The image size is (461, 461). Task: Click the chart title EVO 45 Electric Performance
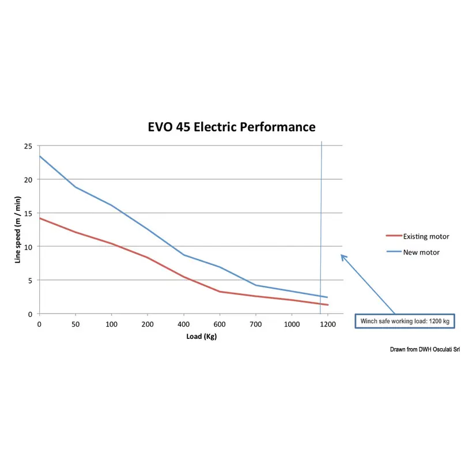click(x=232, y=127)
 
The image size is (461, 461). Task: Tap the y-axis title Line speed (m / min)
click(x=18, y=229)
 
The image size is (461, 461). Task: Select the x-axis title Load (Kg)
click(x=201, y=336)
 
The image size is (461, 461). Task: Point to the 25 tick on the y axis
click(x=28, y=146)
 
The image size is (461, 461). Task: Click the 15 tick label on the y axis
click(x=28, y=213)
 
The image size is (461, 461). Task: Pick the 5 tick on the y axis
click(x=29, y=281)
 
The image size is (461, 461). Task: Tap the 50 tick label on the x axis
click(x=75, y=324)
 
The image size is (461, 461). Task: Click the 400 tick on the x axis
click(x=183, y=324)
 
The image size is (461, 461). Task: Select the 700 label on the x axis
click(x=255, y=324)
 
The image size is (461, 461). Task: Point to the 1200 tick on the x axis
click(x=327, y=324)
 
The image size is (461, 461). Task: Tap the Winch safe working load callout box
click(x=404, y=321)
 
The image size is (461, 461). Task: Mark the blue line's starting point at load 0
click(x=39, y=156)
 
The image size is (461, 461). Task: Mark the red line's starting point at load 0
click(x=39, y=218)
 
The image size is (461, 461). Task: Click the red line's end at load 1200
click(x=327, y=305)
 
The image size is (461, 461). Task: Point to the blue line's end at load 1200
click(x=327, y=297)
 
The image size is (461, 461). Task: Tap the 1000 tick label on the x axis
click(x=291, y=324)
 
